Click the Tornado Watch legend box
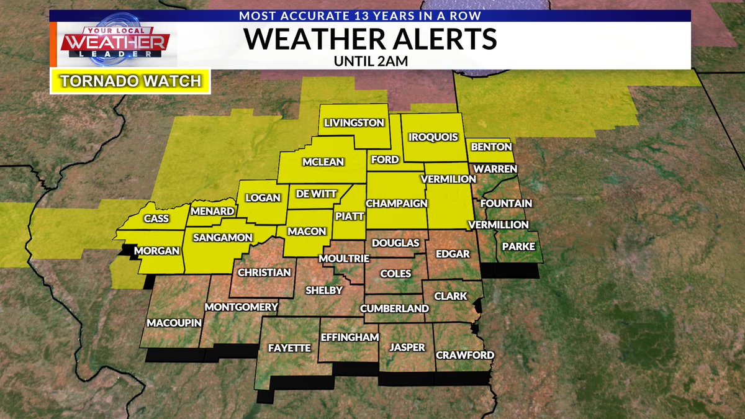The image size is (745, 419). pyautogui.click(x=130, y=81)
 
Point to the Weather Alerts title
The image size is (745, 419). pyautogui.click(x=370, y=39)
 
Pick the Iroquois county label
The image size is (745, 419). pyautogui.click(x=433, y=137)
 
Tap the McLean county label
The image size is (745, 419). pyautogui.click(x=323, y=162)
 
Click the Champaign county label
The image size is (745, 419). pyautogui.click(x=397, y=204)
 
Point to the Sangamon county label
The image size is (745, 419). pyautogui.click(x=222, y=237)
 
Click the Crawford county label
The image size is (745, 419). pyautogui.click(x=465, y=356)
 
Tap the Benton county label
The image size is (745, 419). pyautogui.click(x=492, y=147)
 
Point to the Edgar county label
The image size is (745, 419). pyautogui.click(x=453, y=254)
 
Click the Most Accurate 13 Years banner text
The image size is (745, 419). pyautogui.click(x=370, y=15)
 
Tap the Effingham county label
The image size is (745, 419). pyautogui.click(x=350, y=337)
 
